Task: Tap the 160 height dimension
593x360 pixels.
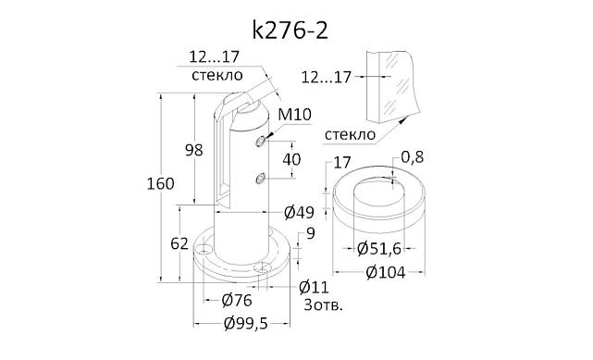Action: pyautogui.click(x=161, y=184)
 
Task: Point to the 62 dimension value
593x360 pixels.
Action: pyautogui.click(x=180, y=244)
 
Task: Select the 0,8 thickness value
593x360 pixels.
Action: pyautogui.click(x=413, y=157)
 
